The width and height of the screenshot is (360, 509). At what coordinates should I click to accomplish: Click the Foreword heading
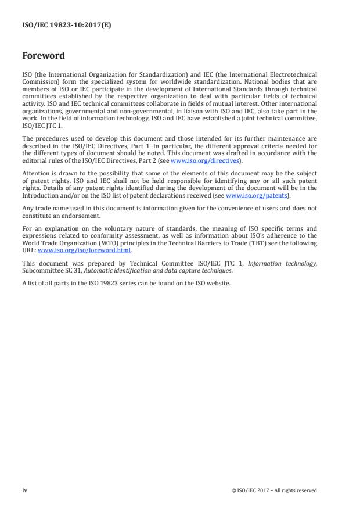44,56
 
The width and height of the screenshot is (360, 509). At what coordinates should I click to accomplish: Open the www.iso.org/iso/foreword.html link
85,250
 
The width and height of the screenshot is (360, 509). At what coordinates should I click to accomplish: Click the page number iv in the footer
24,490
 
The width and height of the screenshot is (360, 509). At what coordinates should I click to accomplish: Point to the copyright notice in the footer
273,490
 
